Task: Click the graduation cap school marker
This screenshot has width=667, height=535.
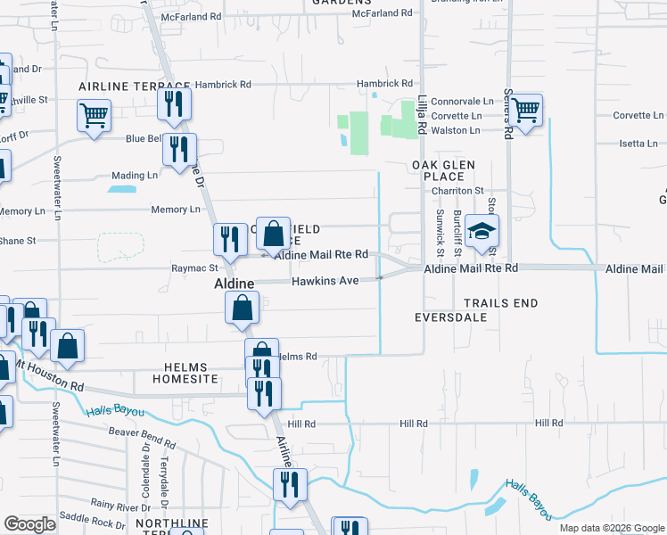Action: (x=482, y=232)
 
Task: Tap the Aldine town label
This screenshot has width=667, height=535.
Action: (x=233, y=283)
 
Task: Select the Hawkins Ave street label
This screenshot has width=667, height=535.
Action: (x=325, y=281)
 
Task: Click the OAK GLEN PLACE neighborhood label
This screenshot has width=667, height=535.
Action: (x=443, y=171)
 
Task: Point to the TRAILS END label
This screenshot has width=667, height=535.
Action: (x=500, y=303)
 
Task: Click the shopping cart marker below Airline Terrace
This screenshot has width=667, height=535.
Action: (x=94, y=115)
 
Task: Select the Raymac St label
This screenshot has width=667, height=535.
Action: (x=194, y=267)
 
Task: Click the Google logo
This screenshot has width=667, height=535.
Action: (x=30, y=524)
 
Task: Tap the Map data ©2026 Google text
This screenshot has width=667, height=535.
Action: (x=611, y=528)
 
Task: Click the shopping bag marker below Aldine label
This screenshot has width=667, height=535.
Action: (x=242, y=309)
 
